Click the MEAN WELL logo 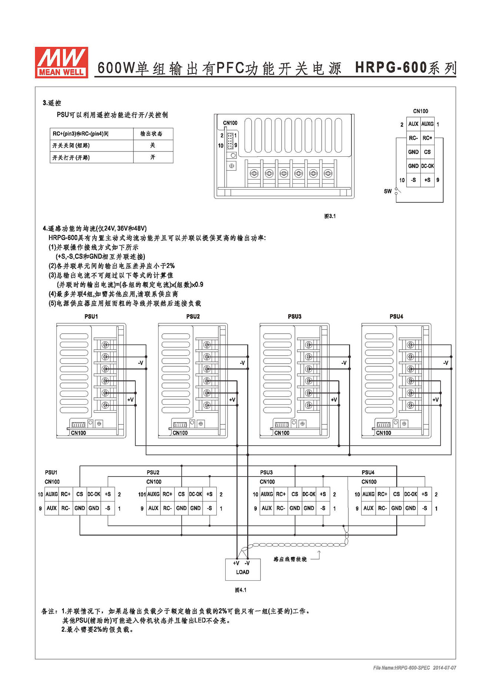[62, 62]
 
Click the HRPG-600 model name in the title [391, 68]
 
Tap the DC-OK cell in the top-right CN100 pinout [427, 166]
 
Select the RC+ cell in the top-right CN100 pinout [427, 138]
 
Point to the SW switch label [388, 191]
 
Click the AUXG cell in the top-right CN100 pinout [427, 124]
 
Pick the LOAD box [243, 569]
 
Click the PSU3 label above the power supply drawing [295, 316]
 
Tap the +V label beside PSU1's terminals [130, 400]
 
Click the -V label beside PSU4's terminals [446, 363]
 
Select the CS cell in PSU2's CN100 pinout [181, 494]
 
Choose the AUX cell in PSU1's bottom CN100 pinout [52, 508]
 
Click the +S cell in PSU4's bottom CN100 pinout [425, 494]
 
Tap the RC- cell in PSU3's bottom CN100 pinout [281, 508]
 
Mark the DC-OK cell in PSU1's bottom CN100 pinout [94, 494]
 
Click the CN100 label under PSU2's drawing [180, 433]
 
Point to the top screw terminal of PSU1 [106, 345]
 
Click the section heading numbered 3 [52, 103]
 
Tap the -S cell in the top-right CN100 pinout [413, 180]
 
